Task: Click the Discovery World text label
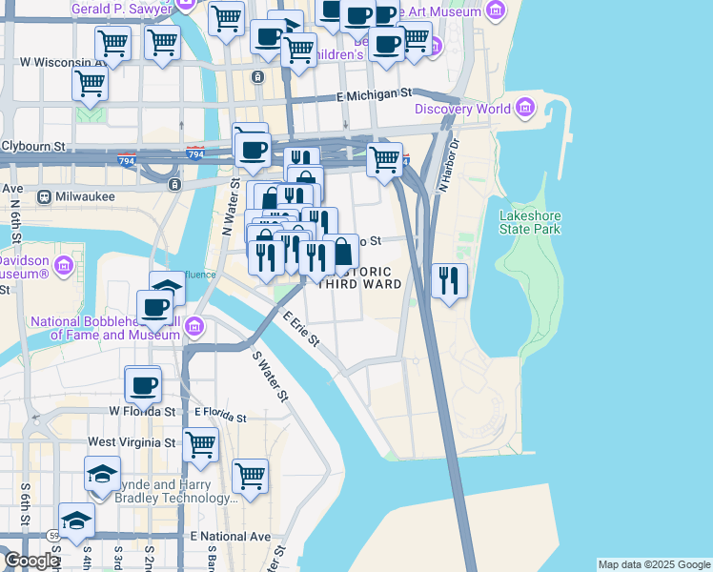(x=462, y=109)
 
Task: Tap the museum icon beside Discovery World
(x=525, y=109)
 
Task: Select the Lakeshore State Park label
(x=530, y=222)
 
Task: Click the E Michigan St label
(x=374, y=95)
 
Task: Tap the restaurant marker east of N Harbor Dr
(x=449, y=281)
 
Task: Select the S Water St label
(x=270, y=376)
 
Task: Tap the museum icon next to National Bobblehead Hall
(x=194, y=328)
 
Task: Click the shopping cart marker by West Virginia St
(x=201, y=444)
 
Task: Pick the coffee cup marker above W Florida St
(x=144, y=385)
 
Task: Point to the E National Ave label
(x=230, y=537)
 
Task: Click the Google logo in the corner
(x=31, y=561)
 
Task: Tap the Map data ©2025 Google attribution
(x=654, y=564)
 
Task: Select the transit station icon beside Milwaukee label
(x=44, y=196)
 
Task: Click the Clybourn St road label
(x=33, y=148)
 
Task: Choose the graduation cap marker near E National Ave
(x=76, y=521)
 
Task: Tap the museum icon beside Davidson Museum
(x=65, y=264)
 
